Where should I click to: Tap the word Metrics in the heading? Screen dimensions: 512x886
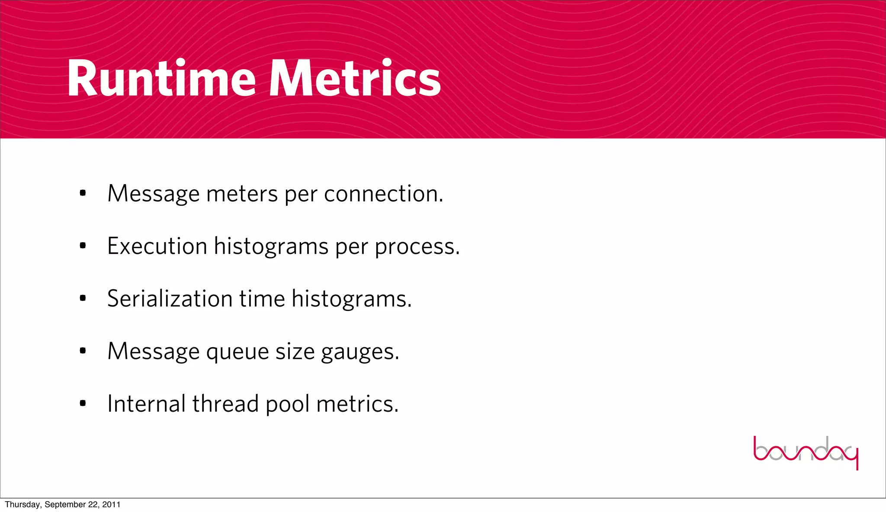(355, 79)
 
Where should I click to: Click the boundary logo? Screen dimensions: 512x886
(806, 452)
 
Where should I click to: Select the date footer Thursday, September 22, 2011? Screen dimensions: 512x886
(63, 505)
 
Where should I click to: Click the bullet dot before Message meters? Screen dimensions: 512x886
(83, 193)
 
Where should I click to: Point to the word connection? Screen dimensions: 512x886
(383, 194)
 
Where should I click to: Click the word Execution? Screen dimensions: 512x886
(157, 246)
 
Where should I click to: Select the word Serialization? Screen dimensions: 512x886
(170, 299)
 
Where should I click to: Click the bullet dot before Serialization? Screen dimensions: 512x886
(83, 298)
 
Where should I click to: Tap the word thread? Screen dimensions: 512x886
(225, 404)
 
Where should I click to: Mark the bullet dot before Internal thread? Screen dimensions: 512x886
(83, 403)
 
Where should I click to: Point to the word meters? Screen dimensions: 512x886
(242, 194)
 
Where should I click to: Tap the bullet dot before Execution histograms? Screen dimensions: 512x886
(83, 246)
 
